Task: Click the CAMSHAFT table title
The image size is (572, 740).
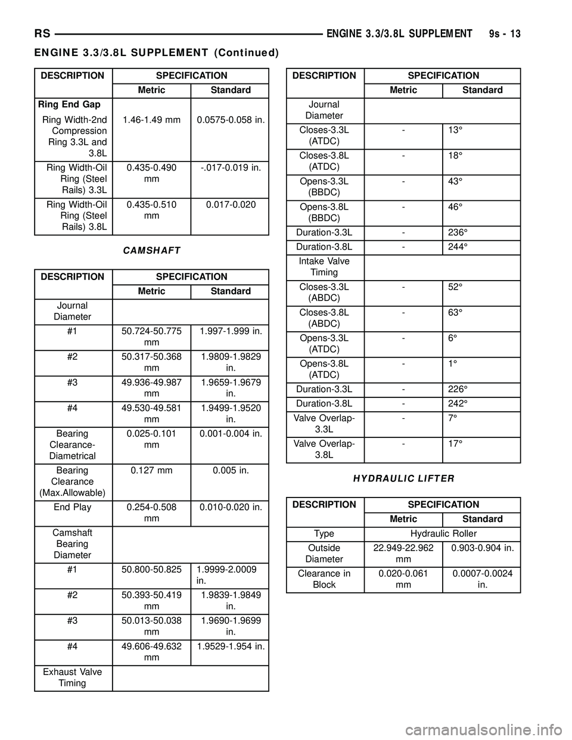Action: [151, 251]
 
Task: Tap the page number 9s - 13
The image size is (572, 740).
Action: [501, 34]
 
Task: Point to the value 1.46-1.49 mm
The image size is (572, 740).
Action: [151, 120]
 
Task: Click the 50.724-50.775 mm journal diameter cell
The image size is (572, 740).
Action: [151, 337]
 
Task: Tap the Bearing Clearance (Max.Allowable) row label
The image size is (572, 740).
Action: [73, 481]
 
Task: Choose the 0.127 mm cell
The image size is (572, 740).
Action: [151, 470]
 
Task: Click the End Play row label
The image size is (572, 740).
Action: [73, 507]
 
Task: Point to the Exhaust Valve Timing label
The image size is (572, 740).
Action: [73, 677]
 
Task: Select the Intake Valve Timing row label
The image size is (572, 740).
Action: [324, 266]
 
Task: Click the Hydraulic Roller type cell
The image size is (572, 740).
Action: [443, 533]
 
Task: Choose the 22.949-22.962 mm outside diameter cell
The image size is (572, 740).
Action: [403, 553]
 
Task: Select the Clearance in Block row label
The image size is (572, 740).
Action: [324, 579]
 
